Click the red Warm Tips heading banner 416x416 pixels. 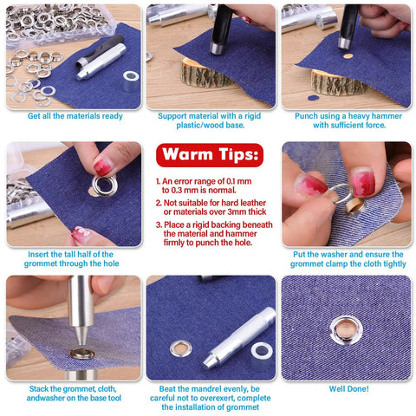pyautogui.click(x=208, y=157)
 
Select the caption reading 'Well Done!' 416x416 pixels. pyautogui.click(x=348, y=388)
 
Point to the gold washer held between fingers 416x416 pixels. pyautogui.click(x=354, y=205)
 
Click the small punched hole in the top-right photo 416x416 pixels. pyautogui.click(x=348, y=56)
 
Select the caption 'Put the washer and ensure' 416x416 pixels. pyautogui.click(x=346, y=261)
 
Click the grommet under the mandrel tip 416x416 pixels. pyautogui.click(x=81, y=353)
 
